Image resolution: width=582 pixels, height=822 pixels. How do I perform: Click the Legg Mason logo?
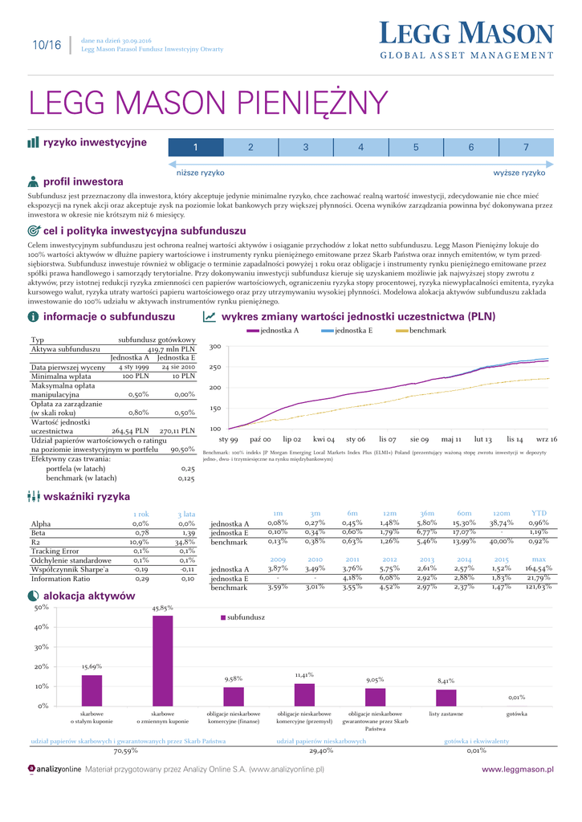coord(466,41)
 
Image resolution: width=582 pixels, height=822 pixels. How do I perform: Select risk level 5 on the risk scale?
coord(416,147)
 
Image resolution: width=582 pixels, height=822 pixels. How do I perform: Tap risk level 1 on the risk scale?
coord(195,147)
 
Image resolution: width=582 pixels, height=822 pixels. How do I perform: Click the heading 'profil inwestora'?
coord(83,181)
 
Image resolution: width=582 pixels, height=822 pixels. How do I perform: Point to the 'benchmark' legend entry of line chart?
coord(427,331)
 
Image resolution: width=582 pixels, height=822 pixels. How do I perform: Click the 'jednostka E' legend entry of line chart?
coord(353,331)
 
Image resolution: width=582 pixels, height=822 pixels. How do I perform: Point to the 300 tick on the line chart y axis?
coord(214,347)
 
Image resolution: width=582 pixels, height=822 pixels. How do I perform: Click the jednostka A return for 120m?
coord(501,523)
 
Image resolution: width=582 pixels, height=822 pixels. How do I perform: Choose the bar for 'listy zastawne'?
coord(446,698)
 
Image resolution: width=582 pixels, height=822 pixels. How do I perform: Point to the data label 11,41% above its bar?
coord(303,675)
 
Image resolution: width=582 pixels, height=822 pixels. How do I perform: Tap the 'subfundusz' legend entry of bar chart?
coord(245,617)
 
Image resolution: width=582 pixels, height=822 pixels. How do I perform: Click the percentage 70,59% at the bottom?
coord(125,751)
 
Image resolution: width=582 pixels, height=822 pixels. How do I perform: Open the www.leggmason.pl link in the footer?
coord(517,769)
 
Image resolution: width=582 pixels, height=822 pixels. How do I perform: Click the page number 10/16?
coord(47,45)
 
